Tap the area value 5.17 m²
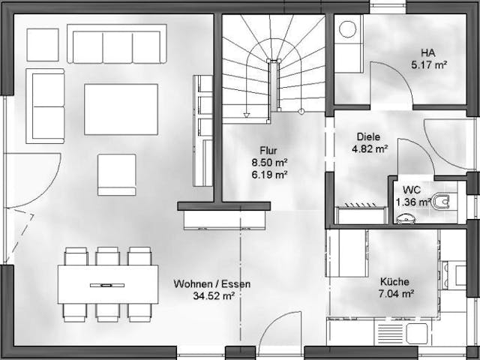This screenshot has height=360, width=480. (x=429, y=64)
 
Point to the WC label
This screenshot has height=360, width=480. (x=412, y=190)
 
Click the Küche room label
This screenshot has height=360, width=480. (x=394, y=282)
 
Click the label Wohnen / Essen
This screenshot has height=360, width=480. (x=211, y=284)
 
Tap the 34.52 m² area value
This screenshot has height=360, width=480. (x=213, y=296)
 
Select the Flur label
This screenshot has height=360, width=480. (x=269, y=149)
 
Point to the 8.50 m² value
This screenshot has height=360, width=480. (x=270, y=162)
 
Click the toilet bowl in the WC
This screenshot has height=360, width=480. (x=442, y=200)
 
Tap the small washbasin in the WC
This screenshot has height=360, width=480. (x=406, y=218)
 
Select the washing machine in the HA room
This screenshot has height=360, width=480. (x=348, y=31)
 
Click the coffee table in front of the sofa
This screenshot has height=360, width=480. (x=121, y=109)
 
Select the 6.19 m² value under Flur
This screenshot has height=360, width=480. (x=270, y=175)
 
